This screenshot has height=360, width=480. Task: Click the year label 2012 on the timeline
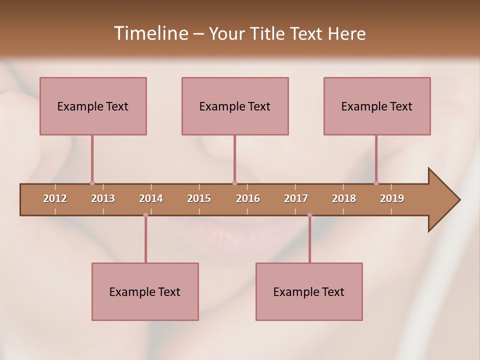tap(55, 198)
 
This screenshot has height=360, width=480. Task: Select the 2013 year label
tap(103, 198)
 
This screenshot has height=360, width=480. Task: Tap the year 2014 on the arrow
tap(151, 198)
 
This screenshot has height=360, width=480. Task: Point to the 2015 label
tap(199, 198)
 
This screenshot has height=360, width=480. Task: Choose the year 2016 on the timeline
tap(248, 198)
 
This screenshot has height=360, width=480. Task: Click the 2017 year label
tap(296, 198)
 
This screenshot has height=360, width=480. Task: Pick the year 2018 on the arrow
tap(344, 198)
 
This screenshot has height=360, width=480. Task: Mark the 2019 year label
tap(392, 198)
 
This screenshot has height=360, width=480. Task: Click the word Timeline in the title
tap(150, 33)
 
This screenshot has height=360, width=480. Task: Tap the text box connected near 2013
tap(93, 106)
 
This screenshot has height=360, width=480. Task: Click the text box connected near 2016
tap(235, 106)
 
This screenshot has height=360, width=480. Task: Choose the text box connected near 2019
tap(377, 106)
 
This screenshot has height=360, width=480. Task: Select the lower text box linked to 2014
tap(145, 291)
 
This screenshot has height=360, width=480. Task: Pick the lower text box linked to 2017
tap(309, 291)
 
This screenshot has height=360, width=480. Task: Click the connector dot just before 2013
tap(92, 183)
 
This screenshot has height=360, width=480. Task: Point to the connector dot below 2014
tap(145, 215)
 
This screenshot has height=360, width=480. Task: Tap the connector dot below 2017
tap(309, 215)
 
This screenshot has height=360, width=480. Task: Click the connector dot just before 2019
tap(376, 183)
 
